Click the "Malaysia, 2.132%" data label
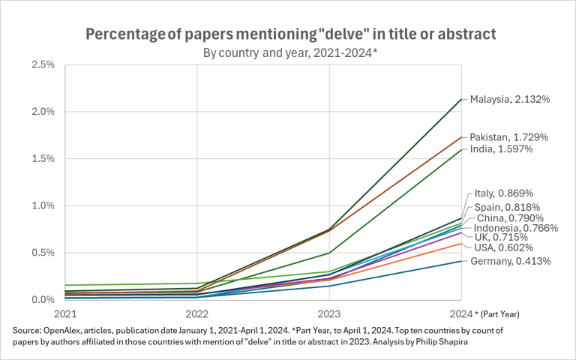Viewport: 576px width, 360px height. (x=511, y=99)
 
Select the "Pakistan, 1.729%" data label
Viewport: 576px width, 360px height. (x=508, y=137)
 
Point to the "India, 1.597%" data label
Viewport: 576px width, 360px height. (x=501, y=149)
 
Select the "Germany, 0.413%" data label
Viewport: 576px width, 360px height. (x=510, y=261)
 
